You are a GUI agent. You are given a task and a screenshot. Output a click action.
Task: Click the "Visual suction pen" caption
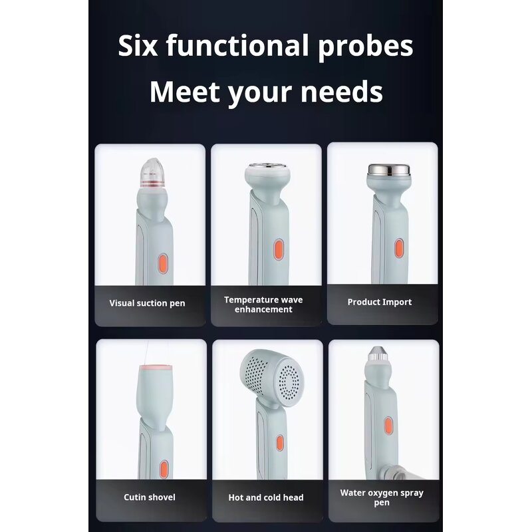[x=147, y=303]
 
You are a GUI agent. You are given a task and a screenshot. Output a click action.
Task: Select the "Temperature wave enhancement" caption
[x=263, y=305]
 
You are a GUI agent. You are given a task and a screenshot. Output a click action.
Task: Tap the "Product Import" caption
[x=380, y=302]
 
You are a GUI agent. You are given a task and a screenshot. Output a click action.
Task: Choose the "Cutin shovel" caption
[x=150, y=497]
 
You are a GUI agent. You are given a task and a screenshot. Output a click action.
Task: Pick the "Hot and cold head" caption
[x=266, y=497]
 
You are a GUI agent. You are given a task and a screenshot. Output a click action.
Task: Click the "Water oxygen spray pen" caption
[x=382, y=497]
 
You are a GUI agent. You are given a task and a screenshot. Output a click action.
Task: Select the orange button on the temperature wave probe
[x=280, y=251]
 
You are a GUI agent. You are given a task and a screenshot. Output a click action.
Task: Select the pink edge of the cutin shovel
[x=155, y=368]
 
